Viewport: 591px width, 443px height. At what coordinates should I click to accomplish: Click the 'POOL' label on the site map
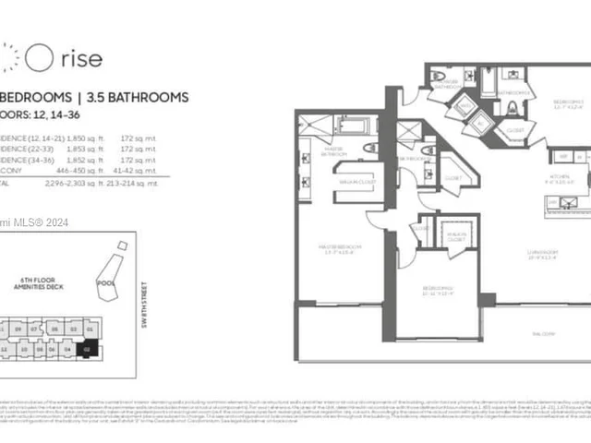pos(107,281)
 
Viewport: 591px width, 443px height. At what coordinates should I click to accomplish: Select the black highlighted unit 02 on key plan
pos(88,350)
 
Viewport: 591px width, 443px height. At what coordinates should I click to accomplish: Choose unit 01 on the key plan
pos(89,329)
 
